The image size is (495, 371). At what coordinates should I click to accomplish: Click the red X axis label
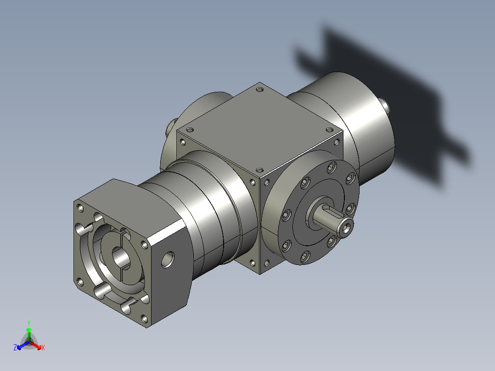point(43,348)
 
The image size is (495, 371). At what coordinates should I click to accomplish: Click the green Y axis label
point(28,323)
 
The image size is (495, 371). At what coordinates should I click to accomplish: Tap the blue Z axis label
point(15,348)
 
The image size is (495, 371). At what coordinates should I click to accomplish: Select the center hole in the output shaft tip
point(348,226)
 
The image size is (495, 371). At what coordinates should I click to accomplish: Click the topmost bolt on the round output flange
point(331,168)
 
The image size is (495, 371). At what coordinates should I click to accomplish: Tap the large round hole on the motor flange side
point(168,259)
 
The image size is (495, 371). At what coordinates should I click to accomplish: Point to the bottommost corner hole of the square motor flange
point(145,318)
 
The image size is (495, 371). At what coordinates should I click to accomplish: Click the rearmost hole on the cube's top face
point(260,90)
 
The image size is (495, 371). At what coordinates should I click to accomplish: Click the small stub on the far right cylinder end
point(388,107)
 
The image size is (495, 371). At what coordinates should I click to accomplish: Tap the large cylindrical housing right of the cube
point(363,129)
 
